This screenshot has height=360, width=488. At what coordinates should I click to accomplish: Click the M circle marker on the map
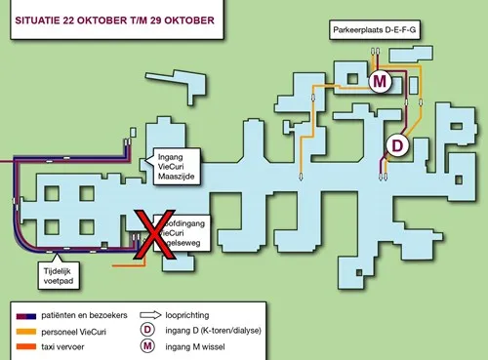[381, 82]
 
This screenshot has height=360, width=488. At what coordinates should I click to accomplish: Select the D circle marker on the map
[397, 145]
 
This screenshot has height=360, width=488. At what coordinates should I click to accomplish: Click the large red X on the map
[152, 235]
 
